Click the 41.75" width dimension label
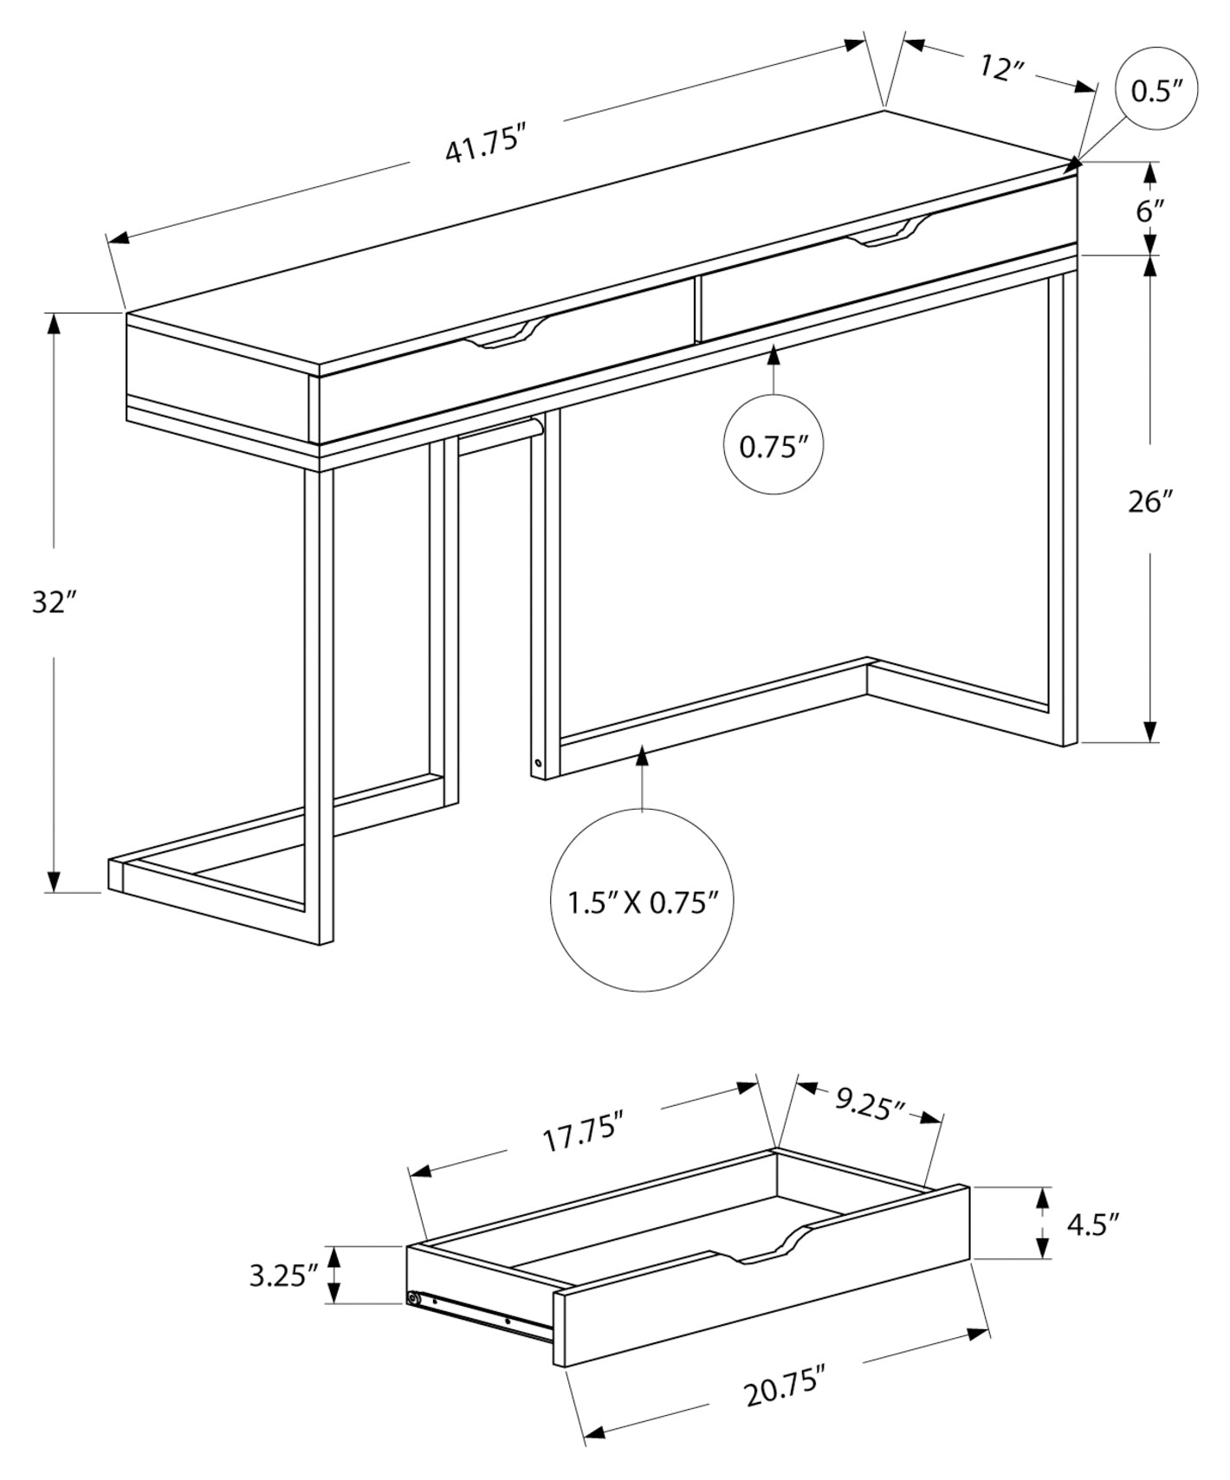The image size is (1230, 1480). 486,144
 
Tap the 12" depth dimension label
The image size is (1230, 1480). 1002,68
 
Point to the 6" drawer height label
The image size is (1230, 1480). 1150,210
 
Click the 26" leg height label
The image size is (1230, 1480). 1150,501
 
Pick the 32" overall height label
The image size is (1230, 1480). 55,602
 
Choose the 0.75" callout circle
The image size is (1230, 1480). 773,445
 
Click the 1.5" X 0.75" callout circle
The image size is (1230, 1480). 642,902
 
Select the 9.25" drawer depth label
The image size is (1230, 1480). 871,1103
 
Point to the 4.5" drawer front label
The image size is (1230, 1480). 1093,1224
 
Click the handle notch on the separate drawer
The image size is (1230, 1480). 766,1246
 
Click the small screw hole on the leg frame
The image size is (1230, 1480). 539,764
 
